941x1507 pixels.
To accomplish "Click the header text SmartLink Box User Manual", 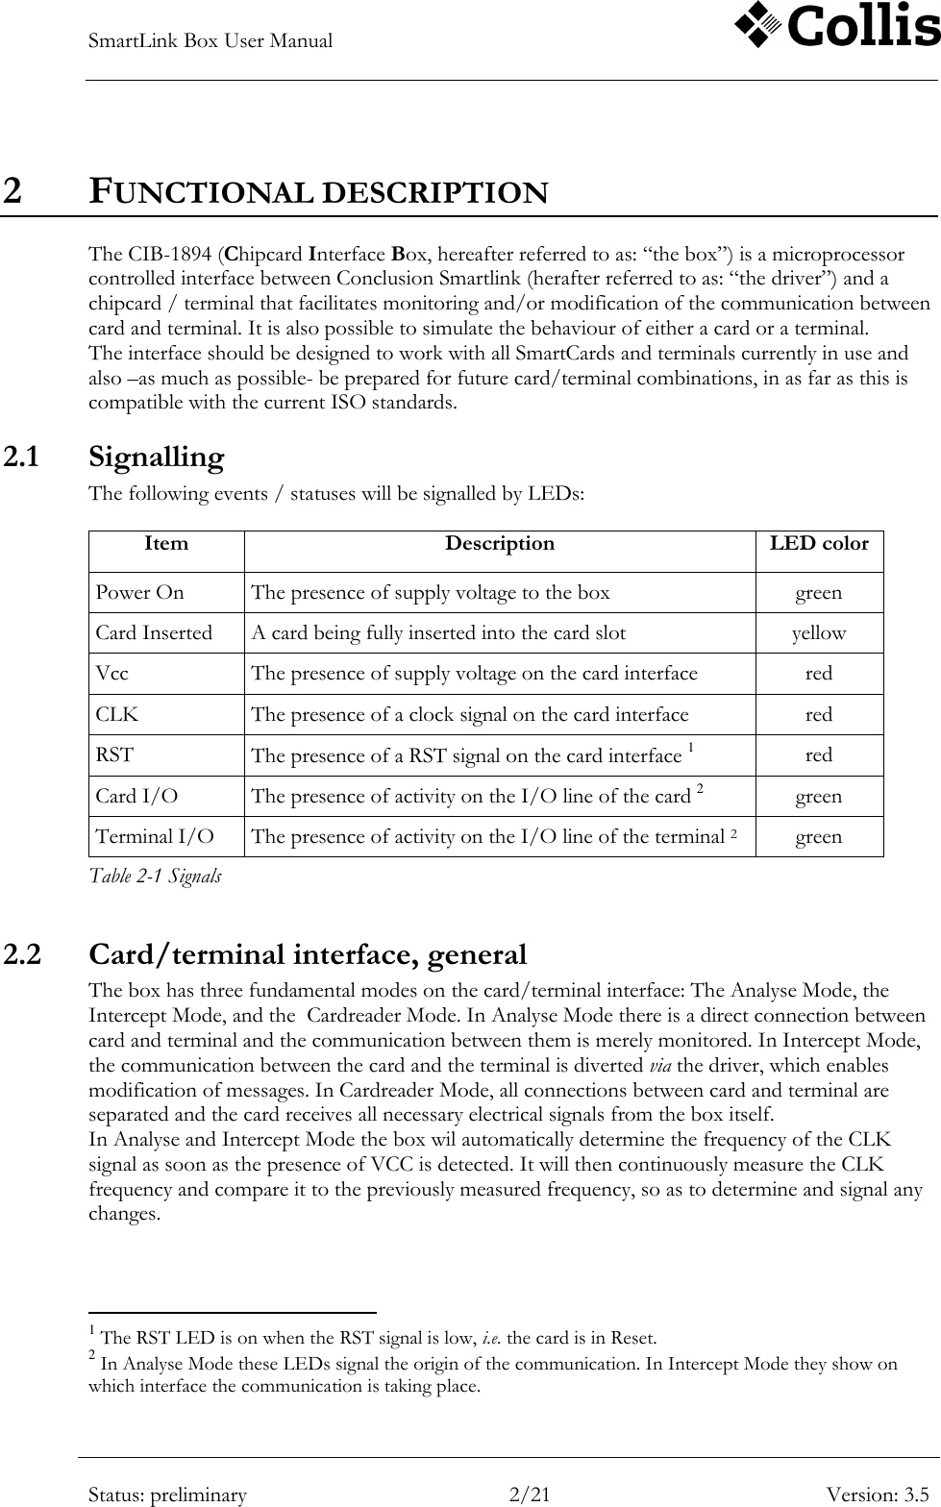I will (x=210, y=41).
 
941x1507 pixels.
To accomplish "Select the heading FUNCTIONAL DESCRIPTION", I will (x=318, y=192).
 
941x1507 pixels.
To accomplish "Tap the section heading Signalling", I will (x=157, y=457).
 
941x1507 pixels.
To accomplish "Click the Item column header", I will (x=166, y=544).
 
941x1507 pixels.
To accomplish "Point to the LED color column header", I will (x=819, y=544).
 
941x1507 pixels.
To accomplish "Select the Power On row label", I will (x=140, y=593).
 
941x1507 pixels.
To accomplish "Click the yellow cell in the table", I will (x=819, y=633).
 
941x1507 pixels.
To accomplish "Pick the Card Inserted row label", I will (x=154, y=633).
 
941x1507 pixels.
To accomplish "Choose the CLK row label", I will (x=116, y=715).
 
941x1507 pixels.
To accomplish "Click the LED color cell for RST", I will (x=819, y=755).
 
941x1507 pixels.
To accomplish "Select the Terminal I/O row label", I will (x=155, y=837).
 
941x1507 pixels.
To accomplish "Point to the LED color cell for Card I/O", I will (x=819, y=797).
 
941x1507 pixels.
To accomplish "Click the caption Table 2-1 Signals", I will (x=155, y=876).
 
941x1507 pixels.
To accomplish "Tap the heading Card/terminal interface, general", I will (x=308, y=954).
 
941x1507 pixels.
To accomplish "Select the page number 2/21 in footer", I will (x=531, y=1495).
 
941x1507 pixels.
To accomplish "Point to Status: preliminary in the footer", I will (x=167, y=1495).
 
